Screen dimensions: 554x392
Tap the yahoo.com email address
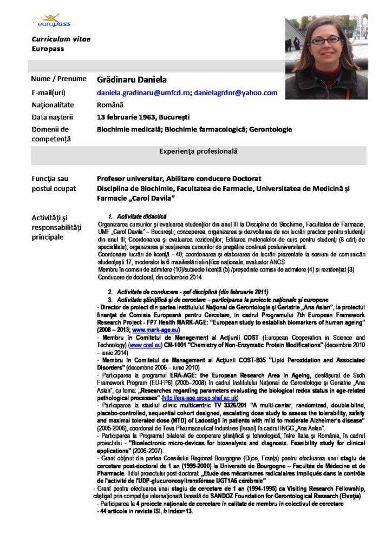click(x=236, y=93)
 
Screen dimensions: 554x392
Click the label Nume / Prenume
click(x=58, y=79)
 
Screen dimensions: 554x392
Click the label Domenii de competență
click(x=50, y=134)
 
